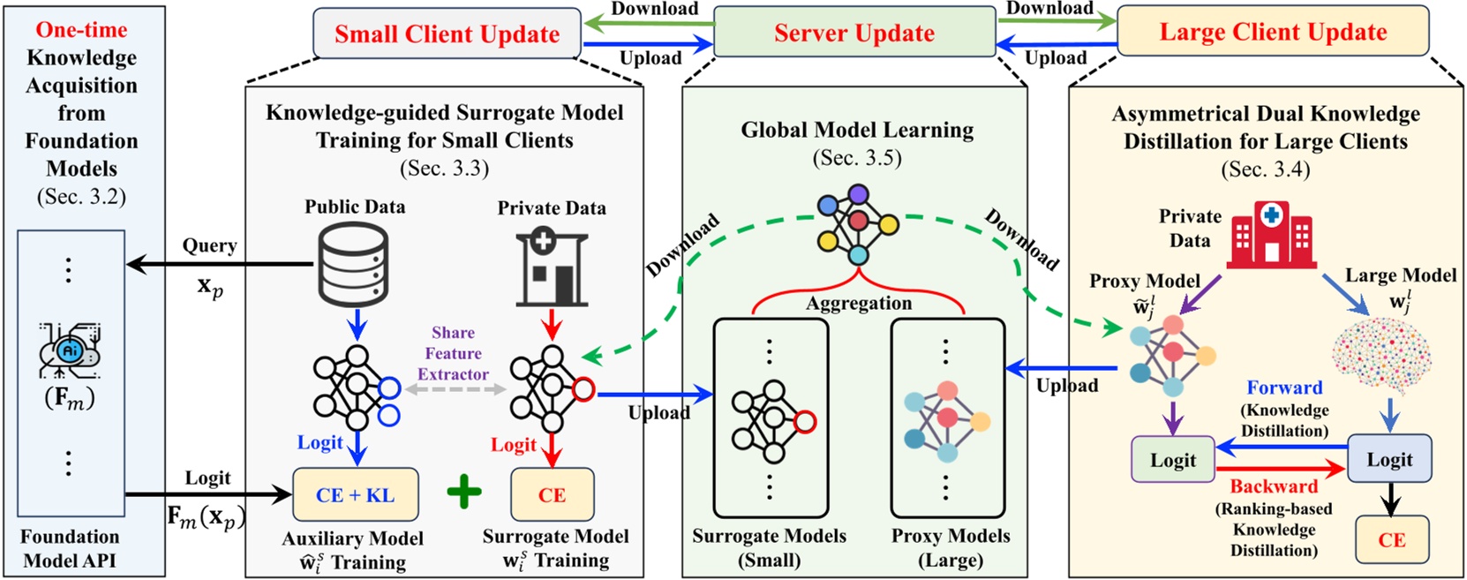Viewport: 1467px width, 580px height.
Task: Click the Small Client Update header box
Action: coord(447,34)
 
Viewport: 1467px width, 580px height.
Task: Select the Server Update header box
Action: coord(854,33)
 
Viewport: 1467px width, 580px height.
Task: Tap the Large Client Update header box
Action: coord(1272,32)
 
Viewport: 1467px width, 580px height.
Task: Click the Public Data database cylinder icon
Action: coord(352,265)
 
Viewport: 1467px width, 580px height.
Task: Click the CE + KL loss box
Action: coord(355,495)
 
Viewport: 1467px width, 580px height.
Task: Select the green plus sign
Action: coord(464,493)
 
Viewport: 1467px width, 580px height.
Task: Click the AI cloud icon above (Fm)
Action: coord(70,352)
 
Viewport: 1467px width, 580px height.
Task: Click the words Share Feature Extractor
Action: coord(453,353)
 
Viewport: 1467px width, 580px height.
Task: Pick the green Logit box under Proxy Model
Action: coord(1172,460)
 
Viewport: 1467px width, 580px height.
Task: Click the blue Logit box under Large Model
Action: coord(1389,459)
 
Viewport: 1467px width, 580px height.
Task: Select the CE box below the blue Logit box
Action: coord(1391,539)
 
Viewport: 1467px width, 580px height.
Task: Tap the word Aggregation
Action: coord(858,304)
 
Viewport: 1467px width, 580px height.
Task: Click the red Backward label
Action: coord(1273,486)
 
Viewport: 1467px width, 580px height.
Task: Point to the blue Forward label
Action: coord(1283,388)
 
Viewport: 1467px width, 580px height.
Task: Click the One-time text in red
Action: coord(81,30)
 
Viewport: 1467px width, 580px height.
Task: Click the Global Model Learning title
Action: coord(857,130)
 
